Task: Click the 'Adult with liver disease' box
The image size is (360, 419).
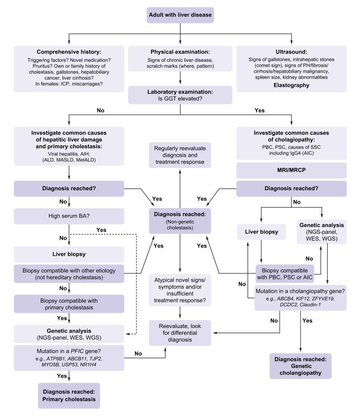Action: pyautogui.click(x=180, y=15)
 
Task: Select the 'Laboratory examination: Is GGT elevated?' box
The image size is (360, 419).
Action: pyautogui.click(x=180, y=95)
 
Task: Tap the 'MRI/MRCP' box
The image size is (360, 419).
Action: pyautogui.click(x=291, y=170)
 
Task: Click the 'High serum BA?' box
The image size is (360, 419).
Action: pyautogui.click(x=69, y=216)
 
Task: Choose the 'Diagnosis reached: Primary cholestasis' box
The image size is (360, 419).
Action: pyautogui.click(x=69, y=396)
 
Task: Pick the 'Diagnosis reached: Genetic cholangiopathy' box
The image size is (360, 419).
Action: pyautogui.click(x=301, y=366)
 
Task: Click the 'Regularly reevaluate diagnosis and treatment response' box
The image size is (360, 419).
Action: pyautogui.click(x=180, y=155)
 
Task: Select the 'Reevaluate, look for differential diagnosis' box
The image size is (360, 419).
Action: pyautogui.click(x=180, y=333)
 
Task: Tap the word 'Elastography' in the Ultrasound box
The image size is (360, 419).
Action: pyautogui.click(x=291, y=85)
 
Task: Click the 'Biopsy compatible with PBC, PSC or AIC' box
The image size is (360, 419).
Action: pyautogui.click(x=285, y=274)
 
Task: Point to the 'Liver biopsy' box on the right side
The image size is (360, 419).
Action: pyautogui.click(x=261, y=231)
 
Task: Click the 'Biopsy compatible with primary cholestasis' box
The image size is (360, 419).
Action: pyautogui.click(x=69, y=304)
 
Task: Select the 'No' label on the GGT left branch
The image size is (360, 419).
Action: pyautogui.click(x=101, y=110)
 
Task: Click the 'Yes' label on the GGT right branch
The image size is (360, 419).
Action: pyautogui.click(x=259, y=110)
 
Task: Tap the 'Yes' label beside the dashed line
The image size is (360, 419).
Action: pyautogui.click(x=101, y=230)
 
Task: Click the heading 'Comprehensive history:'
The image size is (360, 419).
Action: pyautogui.click(x=69, y=52)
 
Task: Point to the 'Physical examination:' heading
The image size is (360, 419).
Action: pyautogui.click(x=180, y=52)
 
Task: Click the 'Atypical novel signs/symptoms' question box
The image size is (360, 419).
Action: pyautogui.click(x=180, y=290)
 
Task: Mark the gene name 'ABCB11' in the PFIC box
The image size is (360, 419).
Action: pyautogui.click(x=77, y=359)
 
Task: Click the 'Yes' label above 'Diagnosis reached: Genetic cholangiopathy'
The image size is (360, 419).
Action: pyautogui.click(x=307, y=320)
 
